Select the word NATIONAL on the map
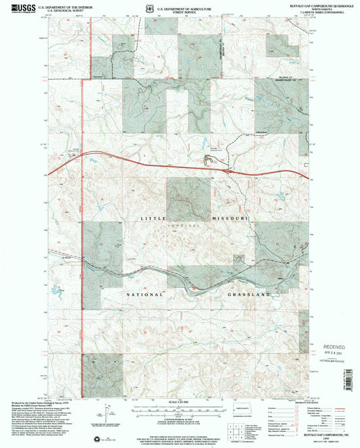pyautogui.click(x=144, y=295)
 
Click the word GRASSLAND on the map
pyautogui.click(x=248, y=295)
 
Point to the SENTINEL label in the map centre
pyautogui.click(x=190, y=224)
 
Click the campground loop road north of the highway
pyautogui.click(x=209, y=159)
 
